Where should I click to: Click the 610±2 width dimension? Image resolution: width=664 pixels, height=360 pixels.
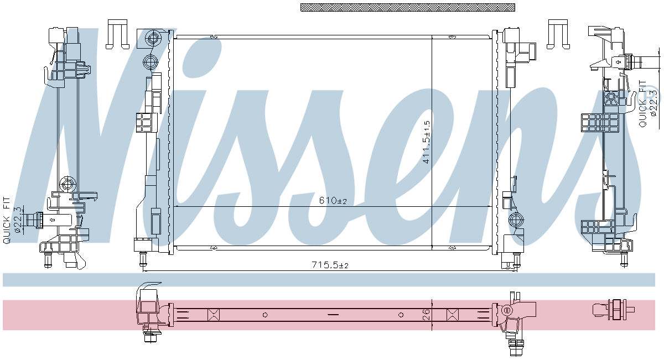coord(333,201)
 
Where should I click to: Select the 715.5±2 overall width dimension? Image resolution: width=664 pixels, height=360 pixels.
coord(330,264)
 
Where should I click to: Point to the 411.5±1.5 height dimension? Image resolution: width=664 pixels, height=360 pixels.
coord(426,142)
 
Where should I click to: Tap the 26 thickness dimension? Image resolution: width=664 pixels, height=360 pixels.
coord(426,314)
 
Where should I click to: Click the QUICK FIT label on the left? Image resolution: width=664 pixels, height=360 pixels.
coord(7,221)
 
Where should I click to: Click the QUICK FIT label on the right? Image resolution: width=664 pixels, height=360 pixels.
coord(642,104)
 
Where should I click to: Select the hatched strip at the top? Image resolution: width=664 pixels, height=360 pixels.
coord(408,7)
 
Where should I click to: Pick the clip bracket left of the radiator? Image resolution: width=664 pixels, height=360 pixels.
coord(117,34)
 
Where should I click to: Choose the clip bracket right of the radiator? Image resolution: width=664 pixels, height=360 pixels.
coord(558,34)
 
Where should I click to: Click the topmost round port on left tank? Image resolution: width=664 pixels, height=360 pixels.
coord(153,38)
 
